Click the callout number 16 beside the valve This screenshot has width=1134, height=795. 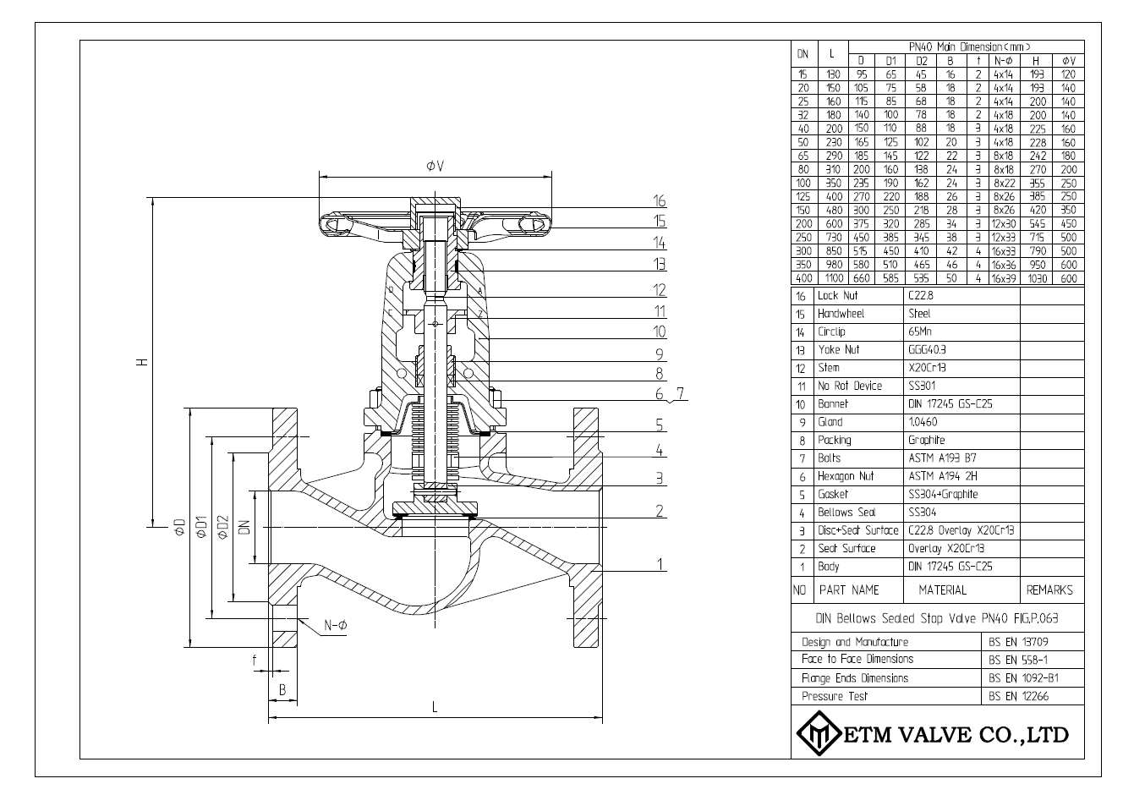[660, 201]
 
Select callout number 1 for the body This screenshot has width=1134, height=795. [660, 565]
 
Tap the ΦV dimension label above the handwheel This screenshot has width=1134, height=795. [436, 166]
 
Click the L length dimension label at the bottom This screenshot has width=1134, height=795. [435, 708]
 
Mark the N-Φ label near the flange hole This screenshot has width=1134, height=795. [336, 626]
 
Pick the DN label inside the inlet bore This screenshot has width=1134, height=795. [244, 529]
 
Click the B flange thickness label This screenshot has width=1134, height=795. [282, 689]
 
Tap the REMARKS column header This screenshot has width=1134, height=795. [1049, 590]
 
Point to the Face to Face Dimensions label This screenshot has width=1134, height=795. [857, 659]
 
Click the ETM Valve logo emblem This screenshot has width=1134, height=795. [816, 733]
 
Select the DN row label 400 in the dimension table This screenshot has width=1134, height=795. [803, 278]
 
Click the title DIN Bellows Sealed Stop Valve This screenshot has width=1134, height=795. [937, 618]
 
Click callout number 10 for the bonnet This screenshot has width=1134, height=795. [660, 332]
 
